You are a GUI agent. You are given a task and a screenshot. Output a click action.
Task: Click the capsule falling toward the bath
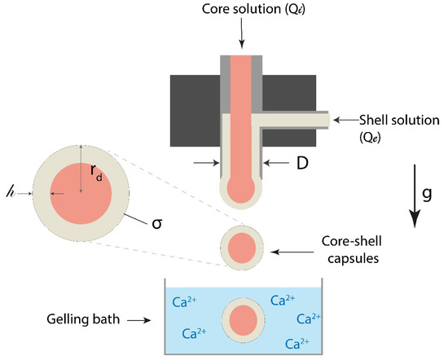click(242, 247)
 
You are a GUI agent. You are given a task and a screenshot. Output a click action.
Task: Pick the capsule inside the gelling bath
click(242, 319)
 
